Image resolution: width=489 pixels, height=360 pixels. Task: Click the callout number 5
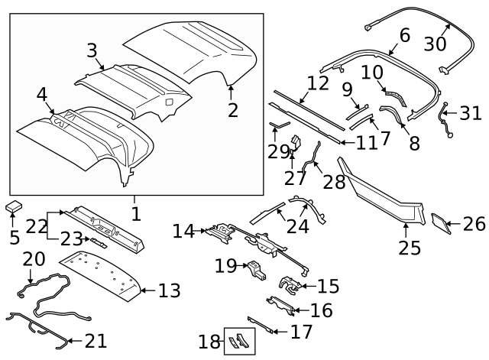15,237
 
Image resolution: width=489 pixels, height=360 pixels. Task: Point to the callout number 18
208,342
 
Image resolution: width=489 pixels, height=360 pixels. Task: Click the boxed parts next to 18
238,342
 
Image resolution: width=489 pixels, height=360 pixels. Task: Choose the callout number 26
474,225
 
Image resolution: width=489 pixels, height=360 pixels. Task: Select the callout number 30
435,43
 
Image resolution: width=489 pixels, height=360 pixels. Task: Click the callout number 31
471,115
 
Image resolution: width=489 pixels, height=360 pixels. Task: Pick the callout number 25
410,248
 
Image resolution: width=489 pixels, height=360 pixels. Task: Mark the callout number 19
225,266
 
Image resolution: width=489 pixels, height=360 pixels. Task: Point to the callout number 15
328,287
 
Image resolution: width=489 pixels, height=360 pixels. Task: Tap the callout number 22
36,226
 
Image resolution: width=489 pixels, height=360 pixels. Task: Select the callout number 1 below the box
135,213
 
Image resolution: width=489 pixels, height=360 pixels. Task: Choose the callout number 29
279,151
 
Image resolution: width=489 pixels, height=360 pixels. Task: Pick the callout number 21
96,341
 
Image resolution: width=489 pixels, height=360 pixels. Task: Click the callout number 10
371,73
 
